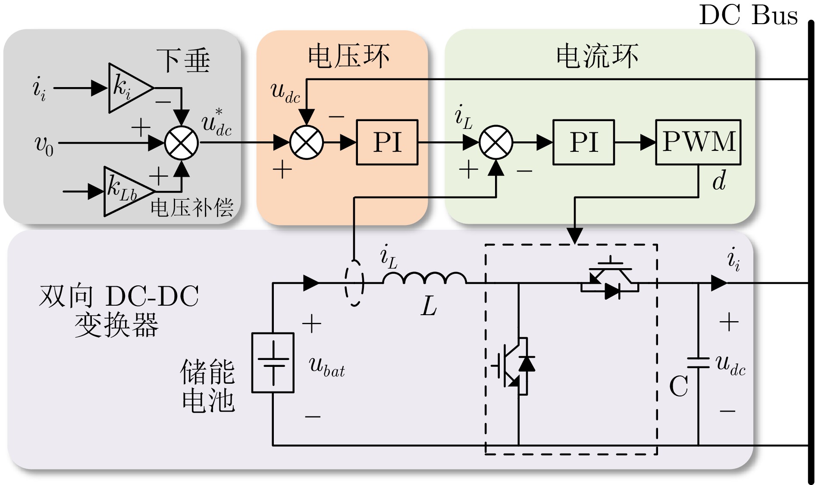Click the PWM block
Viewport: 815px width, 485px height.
(x=698, y=142)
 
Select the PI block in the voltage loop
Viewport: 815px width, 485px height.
(x=387, y=142)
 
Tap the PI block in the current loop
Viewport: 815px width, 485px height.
(x=583, y=142)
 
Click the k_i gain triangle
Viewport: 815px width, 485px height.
(x=127, y=88)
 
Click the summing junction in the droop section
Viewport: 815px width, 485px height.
(x=182, y=143)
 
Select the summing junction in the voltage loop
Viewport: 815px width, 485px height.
(x=307, y=143)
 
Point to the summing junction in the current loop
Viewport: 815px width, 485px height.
(x=496, y=143)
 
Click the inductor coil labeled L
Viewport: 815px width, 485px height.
(x=425, y=278)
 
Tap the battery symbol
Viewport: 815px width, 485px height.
(x=273, y=363)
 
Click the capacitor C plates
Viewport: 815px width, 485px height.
(x=698, y=363)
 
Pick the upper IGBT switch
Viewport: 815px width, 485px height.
(x=610, y=278)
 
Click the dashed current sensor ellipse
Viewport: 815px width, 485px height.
(x=354, y=283)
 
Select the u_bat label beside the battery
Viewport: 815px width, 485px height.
(x=326, y=367)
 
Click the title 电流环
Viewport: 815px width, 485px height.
(x=597, y=56)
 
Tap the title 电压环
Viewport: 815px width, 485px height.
(x=348, y=56)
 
